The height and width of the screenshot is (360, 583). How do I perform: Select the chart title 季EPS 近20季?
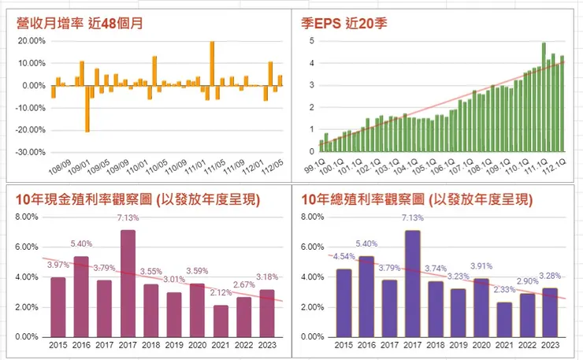coord(349,22)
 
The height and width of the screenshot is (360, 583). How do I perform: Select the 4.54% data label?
coord(343,256)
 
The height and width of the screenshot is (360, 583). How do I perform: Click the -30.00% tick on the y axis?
coord(32,152)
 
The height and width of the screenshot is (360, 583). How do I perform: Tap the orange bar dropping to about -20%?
coord(87,108)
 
